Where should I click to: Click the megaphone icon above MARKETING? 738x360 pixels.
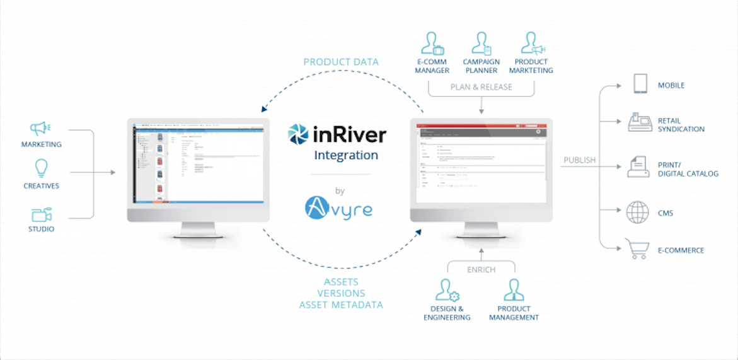click(40, 129)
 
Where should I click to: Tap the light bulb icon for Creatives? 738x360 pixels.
click(42, 168)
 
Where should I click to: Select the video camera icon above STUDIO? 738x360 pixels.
click(41, 214)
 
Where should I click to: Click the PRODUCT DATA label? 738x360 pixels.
click(341, 62)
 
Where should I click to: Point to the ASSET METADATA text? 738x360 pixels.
click(341, 305)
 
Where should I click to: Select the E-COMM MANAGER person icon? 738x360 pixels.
click(432, 43)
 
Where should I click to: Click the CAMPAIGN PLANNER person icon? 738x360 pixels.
click(481, 43)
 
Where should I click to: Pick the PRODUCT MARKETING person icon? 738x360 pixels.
click(531, 43)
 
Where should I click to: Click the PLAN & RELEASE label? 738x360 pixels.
click(481, 87)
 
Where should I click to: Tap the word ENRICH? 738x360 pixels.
click(481, 269)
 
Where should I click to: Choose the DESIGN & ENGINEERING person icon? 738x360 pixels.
click(447, 291)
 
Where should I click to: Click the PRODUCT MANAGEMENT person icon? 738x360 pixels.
click(514, 291)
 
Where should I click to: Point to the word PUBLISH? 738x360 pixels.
click(579, 160)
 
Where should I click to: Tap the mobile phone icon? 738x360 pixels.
click(640, 84)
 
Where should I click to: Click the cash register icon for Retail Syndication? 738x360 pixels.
click(640, 122)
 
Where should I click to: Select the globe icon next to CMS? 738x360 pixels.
click(637, 212)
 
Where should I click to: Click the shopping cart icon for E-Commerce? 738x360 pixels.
click(637, 248)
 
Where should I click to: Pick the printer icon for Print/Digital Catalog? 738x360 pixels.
click(638, 168)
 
